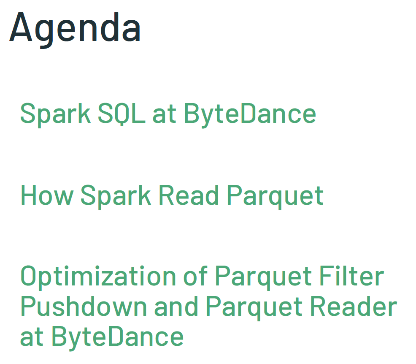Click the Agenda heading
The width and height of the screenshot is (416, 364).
[75, 27]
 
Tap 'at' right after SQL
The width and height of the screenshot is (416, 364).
[164, 114]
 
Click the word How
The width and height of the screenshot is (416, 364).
[46, 195]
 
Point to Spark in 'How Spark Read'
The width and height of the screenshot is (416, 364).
[115, 195]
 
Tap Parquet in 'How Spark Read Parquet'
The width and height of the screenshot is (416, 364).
[275, 196]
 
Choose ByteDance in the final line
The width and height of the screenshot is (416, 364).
[118, 337]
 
